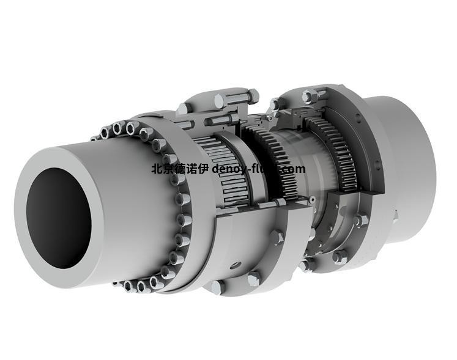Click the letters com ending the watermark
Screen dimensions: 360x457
293,169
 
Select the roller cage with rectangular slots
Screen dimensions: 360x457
223,171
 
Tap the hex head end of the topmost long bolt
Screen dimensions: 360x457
252,95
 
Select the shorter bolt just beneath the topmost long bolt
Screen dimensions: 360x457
226,119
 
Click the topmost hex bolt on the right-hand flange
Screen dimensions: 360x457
310,95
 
